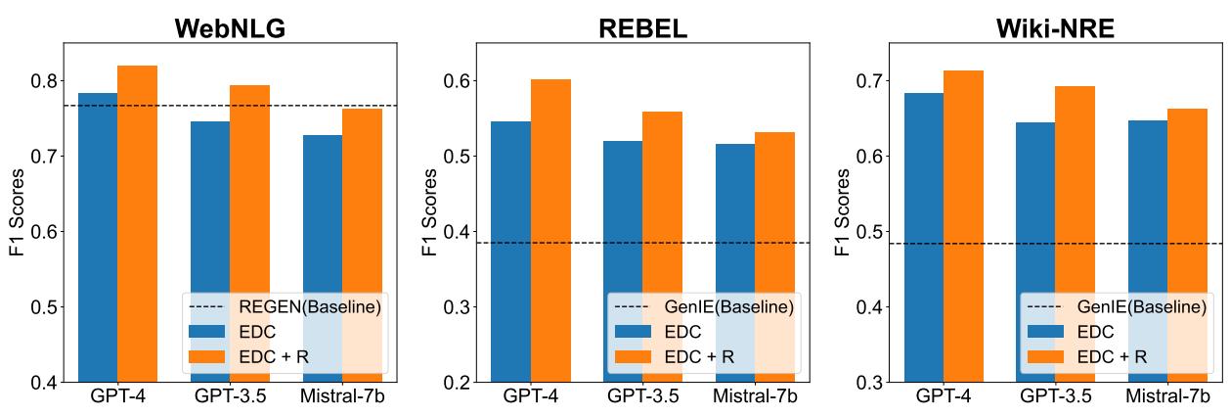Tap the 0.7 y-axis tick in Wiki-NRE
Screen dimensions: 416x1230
(x=870, y=80)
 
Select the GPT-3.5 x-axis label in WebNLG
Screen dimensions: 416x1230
(x=231, y=398)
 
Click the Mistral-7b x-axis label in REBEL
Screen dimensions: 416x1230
(x=755, y=398)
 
